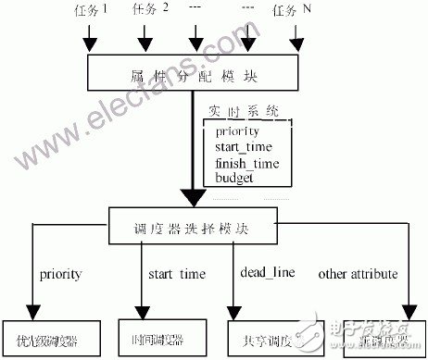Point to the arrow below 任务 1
[89, 38]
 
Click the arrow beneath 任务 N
[296, 38]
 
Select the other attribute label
[359, 274]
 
